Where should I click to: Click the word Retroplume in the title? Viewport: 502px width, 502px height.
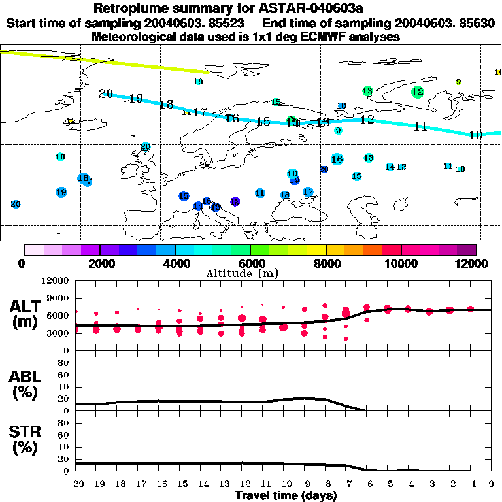[x=132, y=8]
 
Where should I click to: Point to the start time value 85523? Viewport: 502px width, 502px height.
[x=223, y=23]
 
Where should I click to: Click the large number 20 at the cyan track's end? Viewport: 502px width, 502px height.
[x=106, y=93]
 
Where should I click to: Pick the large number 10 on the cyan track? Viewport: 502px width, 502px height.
[x=475, y=135]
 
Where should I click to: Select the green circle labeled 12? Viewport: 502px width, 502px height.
[x=418, y=92]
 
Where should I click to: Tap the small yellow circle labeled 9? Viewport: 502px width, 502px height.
[x=458, y=82]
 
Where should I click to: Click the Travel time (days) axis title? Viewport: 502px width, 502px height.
[x=286, y=495]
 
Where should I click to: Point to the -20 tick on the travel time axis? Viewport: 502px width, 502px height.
[x=76, y=484]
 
